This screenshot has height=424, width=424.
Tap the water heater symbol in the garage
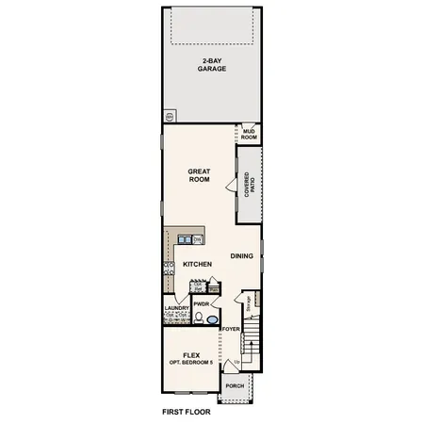[x=170, y=117]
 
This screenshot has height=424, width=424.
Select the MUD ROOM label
[x=249, y=135]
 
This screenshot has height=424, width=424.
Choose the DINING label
[x=241, y=255]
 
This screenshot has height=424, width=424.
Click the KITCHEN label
[x=195, y=264]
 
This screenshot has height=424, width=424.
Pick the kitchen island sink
[x=186, y=239]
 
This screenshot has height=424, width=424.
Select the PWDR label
[x=200, y=304]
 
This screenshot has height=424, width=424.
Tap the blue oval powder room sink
[x=211, y=320]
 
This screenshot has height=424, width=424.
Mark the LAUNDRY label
[x=177, y=307]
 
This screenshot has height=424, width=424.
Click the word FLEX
[x=192, y=354]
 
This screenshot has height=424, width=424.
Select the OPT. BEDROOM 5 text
[x=192, y=363]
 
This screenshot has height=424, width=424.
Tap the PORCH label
[x=234, y=384]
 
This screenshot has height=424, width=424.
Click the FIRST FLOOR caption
[x=186, y=412]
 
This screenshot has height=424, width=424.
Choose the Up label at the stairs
[x=236, y=362]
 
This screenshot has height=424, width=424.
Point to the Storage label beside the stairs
[x=249, y=302]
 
